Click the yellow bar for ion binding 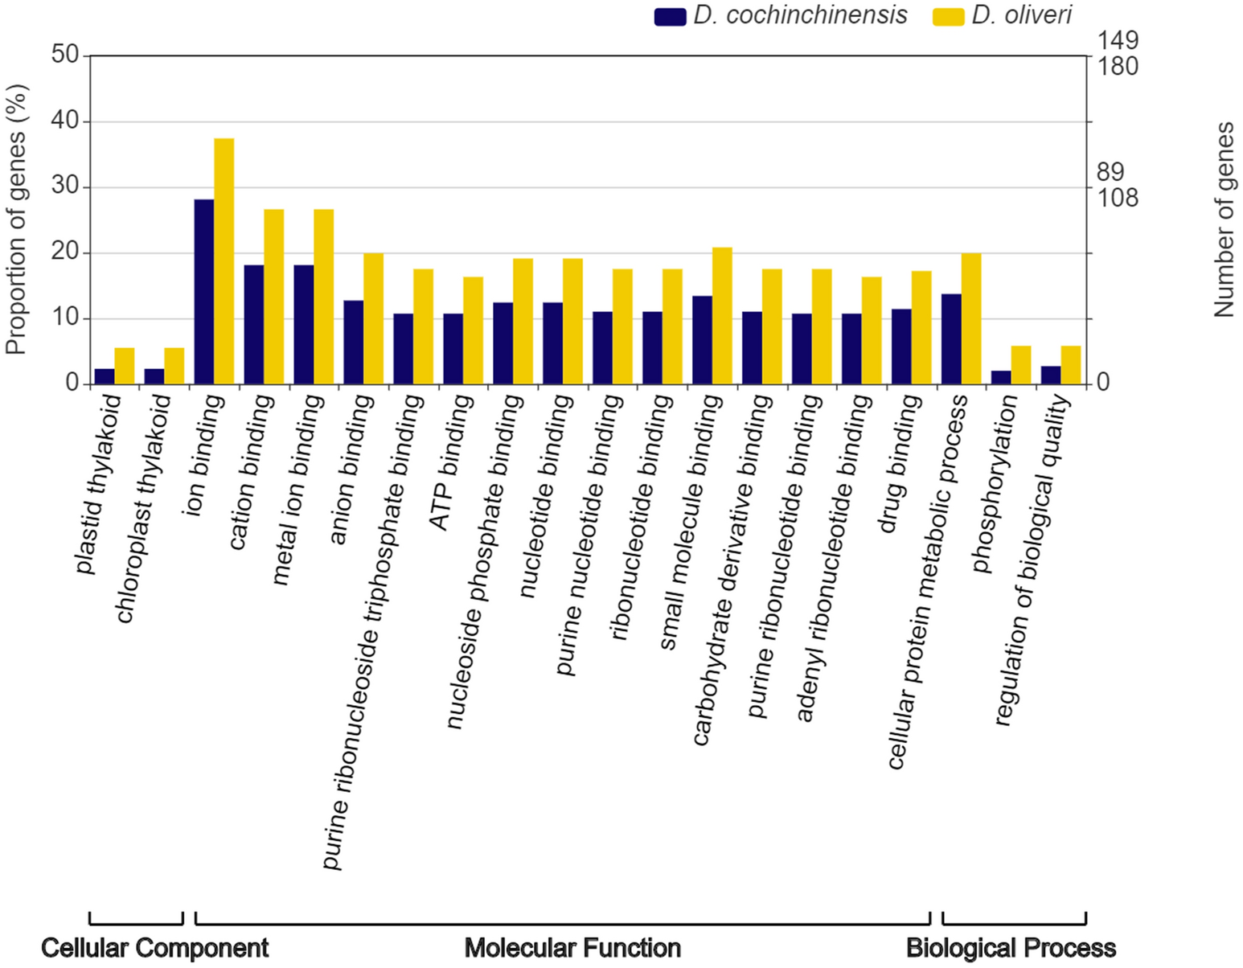pyautogui.click(x=224, y=261)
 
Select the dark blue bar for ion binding pyautogui.click(x=204, y=292)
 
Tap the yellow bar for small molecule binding pyautogui.click(x=722, y=316)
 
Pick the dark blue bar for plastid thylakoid pyautogui.click(x=105, y=376)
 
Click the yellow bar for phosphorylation pyautogui.click(x=1021, y=365)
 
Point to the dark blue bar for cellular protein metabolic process pyautogui.click(x=951, y=339)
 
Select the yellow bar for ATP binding pyautogui.click(x=473, y=330)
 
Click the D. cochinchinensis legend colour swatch pyautogui.click(x=670, y=16)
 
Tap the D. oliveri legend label pyautogui.click(x=1021, y=15)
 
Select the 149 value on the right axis pyautogui.click(x=1118, y=40)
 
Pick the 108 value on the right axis pyautogui.click(x=1118, y=197)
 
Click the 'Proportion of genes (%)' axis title pyautogui.click(x=15, y=219)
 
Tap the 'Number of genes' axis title pyautogui.click(x=1224, y=219)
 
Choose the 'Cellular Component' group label pyautogui.click(x=154, y=948)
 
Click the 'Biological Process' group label pyautogui.click(x=1011, y=948)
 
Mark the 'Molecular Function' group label pyautogui.click(x=572, y=948)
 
